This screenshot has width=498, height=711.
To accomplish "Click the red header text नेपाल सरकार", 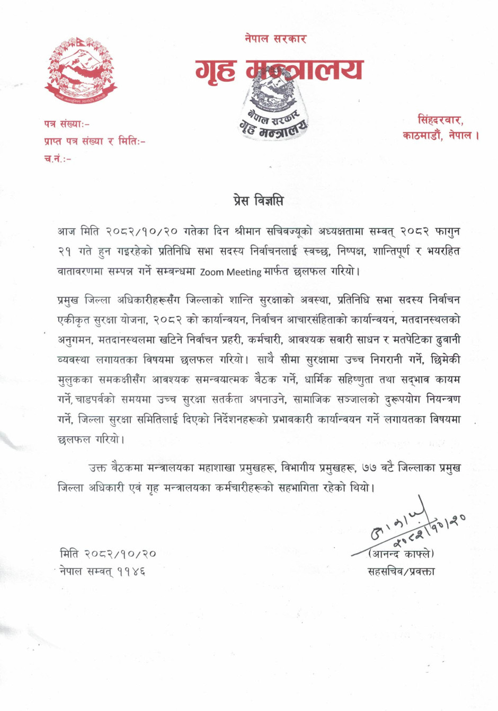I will pyautogui.click(x=275, y=39).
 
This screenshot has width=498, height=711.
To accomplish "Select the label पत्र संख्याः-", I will pyautogui.click(x=67, y=124).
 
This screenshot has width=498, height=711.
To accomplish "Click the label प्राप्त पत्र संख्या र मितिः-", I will pyautogui.click(x=95, y=142).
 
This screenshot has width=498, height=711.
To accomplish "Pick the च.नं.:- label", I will pyautogui.click(x=58, y=159).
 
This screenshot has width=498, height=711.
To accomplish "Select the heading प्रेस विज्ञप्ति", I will pyautogui.click(x=259, y=201).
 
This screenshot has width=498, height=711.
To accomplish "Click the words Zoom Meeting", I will pyautogui.click(x=230, y=272).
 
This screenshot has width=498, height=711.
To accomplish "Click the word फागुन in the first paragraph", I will pyautogui.click(x=447, y=232).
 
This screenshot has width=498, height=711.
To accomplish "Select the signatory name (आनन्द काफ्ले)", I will pyautogui.click(x=401, y=555).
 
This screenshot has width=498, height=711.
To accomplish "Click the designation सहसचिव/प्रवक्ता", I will pyautogui.click(x=401, y=572).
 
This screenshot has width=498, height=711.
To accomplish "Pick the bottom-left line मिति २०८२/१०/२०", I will pyautogui.click(x=108, y=554).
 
